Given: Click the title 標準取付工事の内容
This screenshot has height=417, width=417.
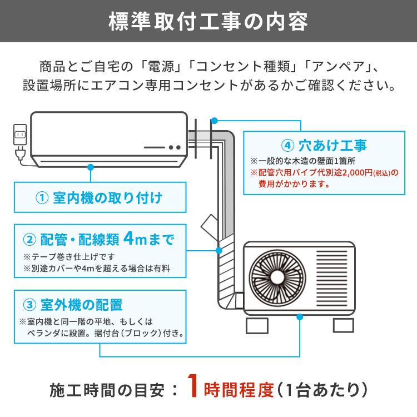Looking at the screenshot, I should [x=209, y=23].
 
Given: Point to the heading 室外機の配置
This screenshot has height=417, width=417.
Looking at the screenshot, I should [x=81, y=305].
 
